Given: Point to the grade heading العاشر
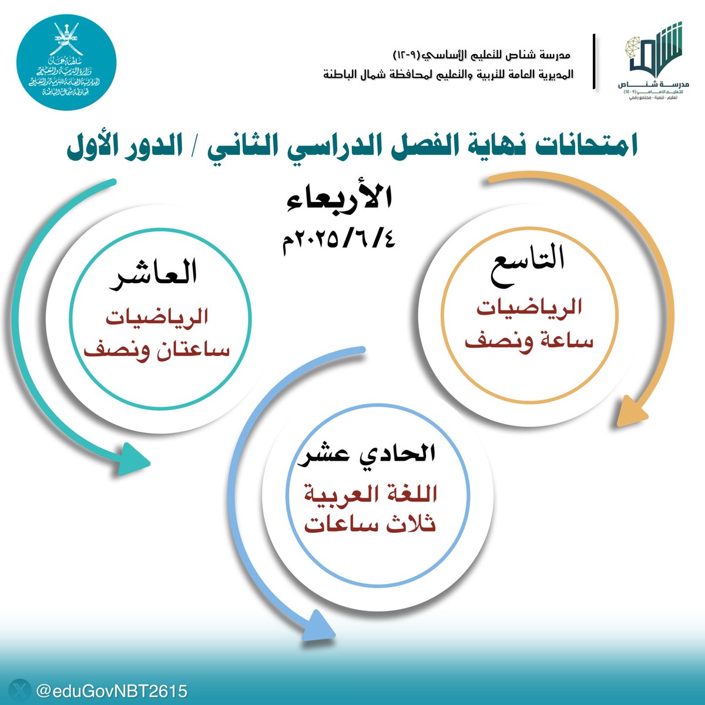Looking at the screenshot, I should coord(155,274).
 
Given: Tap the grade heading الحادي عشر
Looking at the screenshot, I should coord(367,454).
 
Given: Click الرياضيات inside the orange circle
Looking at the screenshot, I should coord(529,307).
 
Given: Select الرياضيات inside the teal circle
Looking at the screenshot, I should coord(157,317).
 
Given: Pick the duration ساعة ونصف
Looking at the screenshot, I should coord(529,341).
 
